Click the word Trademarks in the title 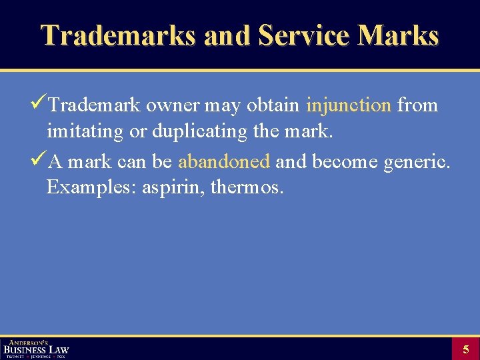tap(118, 35)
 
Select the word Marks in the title tap(398, 35)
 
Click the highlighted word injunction tap(349, 105)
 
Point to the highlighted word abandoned tap(224, 161)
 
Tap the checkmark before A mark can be tap(39, 160)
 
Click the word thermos tap(247, 187)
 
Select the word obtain tap(273, 105)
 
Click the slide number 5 tap(465, 349)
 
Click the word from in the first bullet tap(417, 105)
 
